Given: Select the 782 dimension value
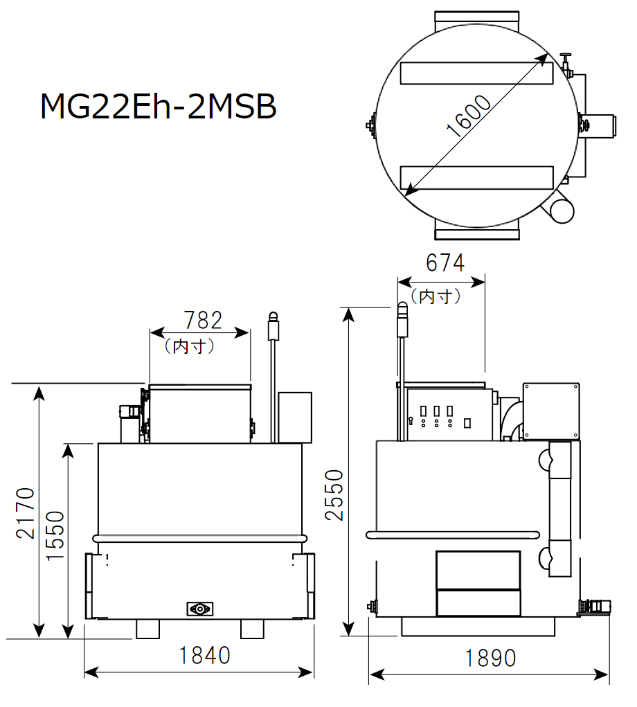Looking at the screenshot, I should [x=203, y=320].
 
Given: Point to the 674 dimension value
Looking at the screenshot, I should [x=445, y=263].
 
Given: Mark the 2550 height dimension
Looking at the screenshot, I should [x=334, y=494].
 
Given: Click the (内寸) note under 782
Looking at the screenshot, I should [x=189, y=346].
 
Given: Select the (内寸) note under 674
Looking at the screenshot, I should [x=436, y=296].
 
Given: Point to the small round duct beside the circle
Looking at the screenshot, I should [x=561, y=209].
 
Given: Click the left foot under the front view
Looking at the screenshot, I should [x=147, y=629].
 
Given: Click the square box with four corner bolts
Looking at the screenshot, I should [x=550, y=411].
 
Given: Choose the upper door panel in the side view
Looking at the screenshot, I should [x=478, y=569].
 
